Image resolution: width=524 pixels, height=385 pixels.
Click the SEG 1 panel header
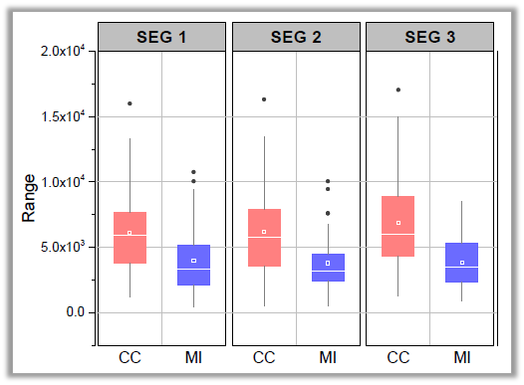[x=162, y=38]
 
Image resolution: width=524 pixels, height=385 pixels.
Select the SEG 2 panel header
[x=296, y=38]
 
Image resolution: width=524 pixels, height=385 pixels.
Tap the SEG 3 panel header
[x=429, y=38]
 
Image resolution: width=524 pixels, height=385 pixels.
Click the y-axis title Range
[x=29, y=196]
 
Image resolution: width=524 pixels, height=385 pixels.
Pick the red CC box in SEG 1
[x=130, y=238]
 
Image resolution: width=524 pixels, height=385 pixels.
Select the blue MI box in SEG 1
[x=193, y=265]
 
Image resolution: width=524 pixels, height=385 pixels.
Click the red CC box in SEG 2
[x=264, y=238]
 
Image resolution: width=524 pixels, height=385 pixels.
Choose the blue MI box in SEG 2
[x=328, y=268]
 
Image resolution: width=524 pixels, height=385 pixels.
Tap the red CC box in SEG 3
[x=397, y=227]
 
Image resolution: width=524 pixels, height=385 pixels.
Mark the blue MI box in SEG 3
[x=461, y=263]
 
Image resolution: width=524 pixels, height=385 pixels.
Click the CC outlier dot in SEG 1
[x=130, y=103]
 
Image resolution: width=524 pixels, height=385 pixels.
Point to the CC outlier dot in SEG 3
[x=397, y=90]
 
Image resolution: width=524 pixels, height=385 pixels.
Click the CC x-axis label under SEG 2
[x=264, y=357]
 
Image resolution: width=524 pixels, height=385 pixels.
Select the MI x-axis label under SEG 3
[x=461, y=357]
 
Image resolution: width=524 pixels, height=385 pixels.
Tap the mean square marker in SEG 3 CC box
[x=397, y=223]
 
